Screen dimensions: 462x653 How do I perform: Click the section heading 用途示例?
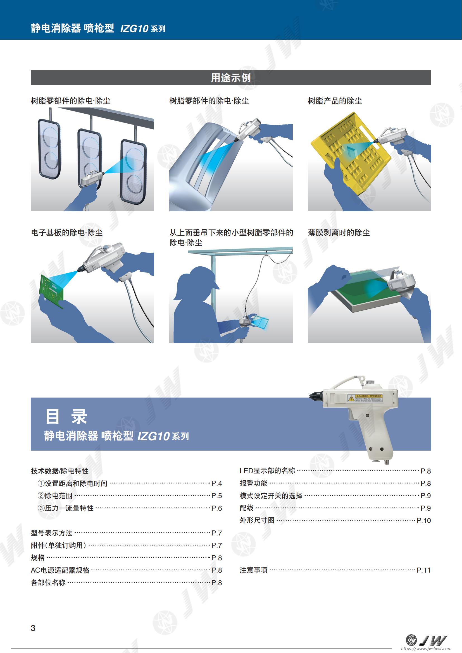click(231, 78)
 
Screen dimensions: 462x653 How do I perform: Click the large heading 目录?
click(66, 416)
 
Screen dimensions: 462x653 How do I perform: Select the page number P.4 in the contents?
click(217, 483)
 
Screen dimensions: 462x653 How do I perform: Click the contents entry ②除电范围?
click(55, 496)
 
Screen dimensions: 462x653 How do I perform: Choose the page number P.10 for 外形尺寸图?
click(424, 520)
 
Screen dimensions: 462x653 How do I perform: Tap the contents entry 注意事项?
click(253, 570)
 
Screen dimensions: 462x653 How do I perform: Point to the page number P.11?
click(424, 570)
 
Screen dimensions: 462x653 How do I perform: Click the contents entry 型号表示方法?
click(51, 533)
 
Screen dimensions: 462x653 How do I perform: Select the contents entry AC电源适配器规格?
click(60, 570)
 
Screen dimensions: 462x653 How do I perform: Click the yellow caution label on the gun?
click(365, 398)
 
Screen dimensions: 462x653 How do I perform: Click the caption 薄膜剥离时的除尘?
click(339, 233)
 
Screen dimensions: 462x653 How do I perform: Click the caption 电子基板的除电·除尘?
click(67, 233)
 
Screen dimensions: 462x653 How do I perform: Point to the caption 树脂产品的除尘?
click(335, 101)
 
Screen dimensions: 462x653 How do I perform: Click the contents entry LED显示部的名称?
click(267, 471)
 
